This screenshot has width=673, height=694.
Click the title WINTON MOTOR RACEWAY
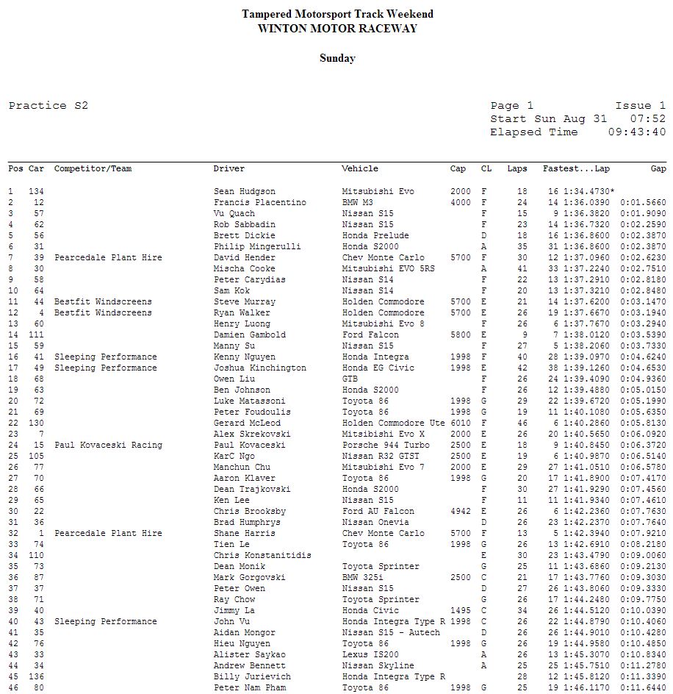click(337, 29)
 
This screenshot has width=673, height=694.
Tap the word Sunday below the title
click(337, 58)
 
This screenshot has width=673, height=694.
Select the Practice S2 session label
click(48, 106)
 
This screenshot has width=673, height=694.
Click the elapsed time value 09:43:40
click(637, 132)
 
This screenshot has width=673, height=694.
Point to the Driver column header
click(229, 169)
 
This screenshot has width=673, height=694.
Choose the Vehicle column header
click(360, 169)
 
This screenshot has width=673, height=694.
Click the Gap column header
click(658, 169)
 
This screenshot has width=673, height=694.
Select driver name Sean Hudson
click(245, 191)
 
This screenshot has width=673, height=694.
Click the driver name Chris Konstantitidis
click(262, 555)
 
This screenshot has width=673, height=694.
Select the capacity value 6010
click(461, 423)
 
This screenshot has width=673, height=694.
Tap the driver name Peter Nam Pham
click(250, 687)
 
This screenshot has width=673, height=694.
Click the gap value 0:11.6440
click(644, 687)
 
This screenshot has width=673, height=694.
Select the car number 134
click(36, 191)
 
